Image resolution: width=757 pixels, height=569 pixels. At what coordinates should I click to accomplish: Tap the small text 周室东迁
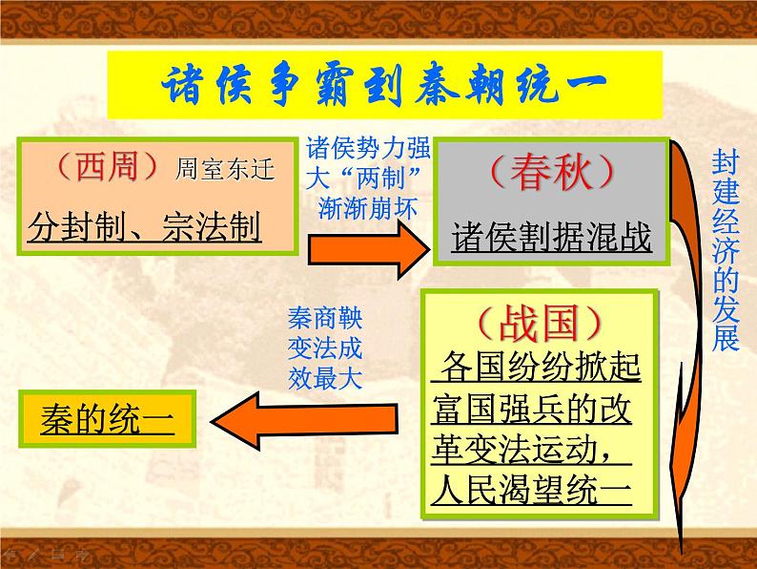point(225,171)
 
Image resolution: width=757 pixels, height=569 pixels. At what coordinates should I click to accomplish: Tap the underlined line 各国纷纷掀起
point(541,368)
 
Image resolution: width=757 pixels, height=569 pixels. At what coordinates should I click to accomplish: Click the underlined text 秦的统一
point(108,418)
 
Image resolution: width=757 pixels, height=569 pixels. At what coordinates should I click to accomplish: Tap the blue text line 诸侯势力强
point(369,150)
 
